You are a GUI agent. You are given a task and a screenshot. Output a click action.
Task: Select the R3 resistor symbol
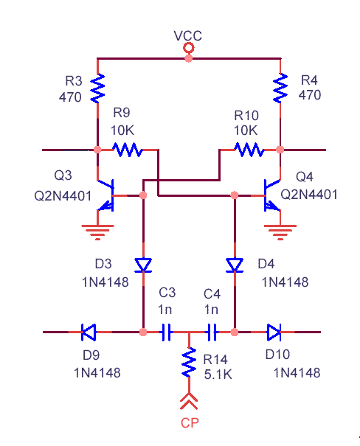click(97, 88)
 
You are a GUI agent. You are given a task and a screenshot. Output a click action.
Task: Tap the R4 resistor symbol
click(280, 88)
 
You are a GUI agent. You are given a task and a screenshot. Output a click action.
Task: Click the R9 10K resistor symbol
click(128, 150)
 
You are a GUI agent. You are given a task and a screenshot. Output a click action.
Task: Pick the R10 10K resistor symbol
click(249, 150)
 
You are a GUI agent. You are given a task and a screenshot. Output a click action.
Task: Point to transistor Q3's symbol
click(106, 195)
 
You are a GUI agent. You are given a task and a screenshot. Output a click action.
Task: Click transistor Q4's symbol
click(272, 195)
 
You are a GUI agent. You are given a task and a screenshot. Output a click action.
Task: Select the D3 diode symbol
click(143, 265)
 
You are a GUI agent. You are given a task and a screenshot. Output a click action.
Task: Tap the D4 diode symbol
click(235, 265)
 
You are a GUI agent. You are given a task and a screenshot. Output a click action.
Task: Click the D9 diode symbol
click(89, 332)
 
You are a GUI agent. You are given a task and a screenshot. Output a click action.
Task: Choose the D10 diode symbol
click(274, 332)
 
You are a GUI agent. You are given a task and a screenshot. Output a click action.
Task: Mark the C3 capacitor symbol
click(167, 332)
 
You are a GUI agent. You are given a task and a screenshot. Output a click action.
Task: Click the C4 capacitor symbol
click(212, 332)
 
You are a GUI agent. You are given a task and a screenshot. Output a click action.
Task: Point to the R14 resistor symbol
click(189, 362)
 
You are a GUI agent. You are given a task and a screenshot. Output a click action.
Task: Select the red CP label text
click(190, 423)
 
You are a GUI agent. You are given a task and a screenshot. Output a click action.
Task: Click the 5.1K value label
click(218, 374)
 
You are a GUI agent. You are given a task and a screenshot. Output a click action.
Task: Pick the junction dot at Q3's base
click(143, 195)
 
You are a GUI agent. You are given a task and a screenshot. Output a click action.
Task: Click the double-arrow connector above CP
click(189, 401)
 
